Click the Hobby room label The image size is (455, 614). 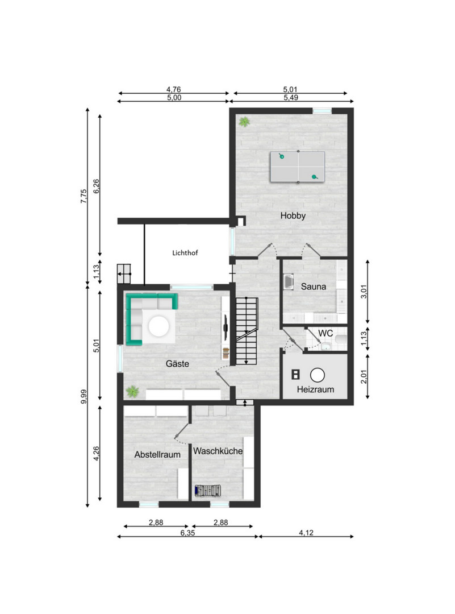point(293,216)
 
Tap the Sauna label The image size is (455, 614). point(314,287)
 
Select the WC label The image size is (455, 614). point(325,333)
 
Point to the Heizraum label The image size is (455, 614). point(315,389)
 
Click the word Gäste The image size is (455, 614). point(177,364)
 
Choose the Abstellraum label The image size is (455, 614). point(157,455)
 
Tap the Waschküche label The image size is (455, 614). point(218,451)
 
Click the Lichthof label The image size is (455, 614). point(185,253)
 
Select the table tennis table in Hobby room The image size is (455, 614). point(298,167)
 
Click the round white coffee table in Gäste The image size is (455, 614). point(159,326)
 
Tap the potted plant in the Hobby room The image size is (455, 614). point(244,122)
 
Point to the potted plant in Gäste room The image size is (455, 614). point(132,391)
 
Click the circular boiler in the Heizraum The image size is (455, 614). point(318,375)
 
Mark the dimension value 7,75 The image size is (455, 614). point(84,196)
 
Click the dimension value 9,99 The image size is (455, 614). point(84,397)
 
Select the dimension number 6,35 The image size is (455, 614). point(187,533)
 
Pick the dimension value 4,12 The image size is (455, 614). point(306,533)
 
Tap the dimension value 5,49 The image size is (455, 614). point(291,98)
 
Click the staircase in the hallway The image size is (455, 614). point(247,331)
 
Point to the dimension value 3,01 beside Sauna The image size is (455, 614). point(364,292)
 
